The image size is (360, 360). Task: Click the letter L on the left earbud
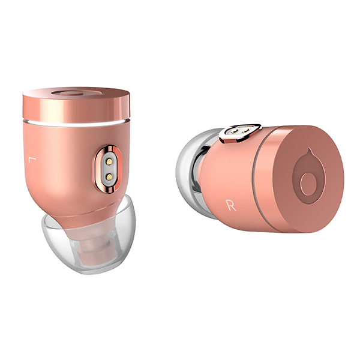[32, 160]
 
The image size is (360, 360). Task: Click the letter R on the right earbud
[231, 205]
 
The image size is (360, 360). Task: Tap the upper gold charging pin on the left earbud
[109, 162]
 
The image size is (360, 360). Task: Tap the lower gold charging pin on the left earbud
[109, 176]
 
